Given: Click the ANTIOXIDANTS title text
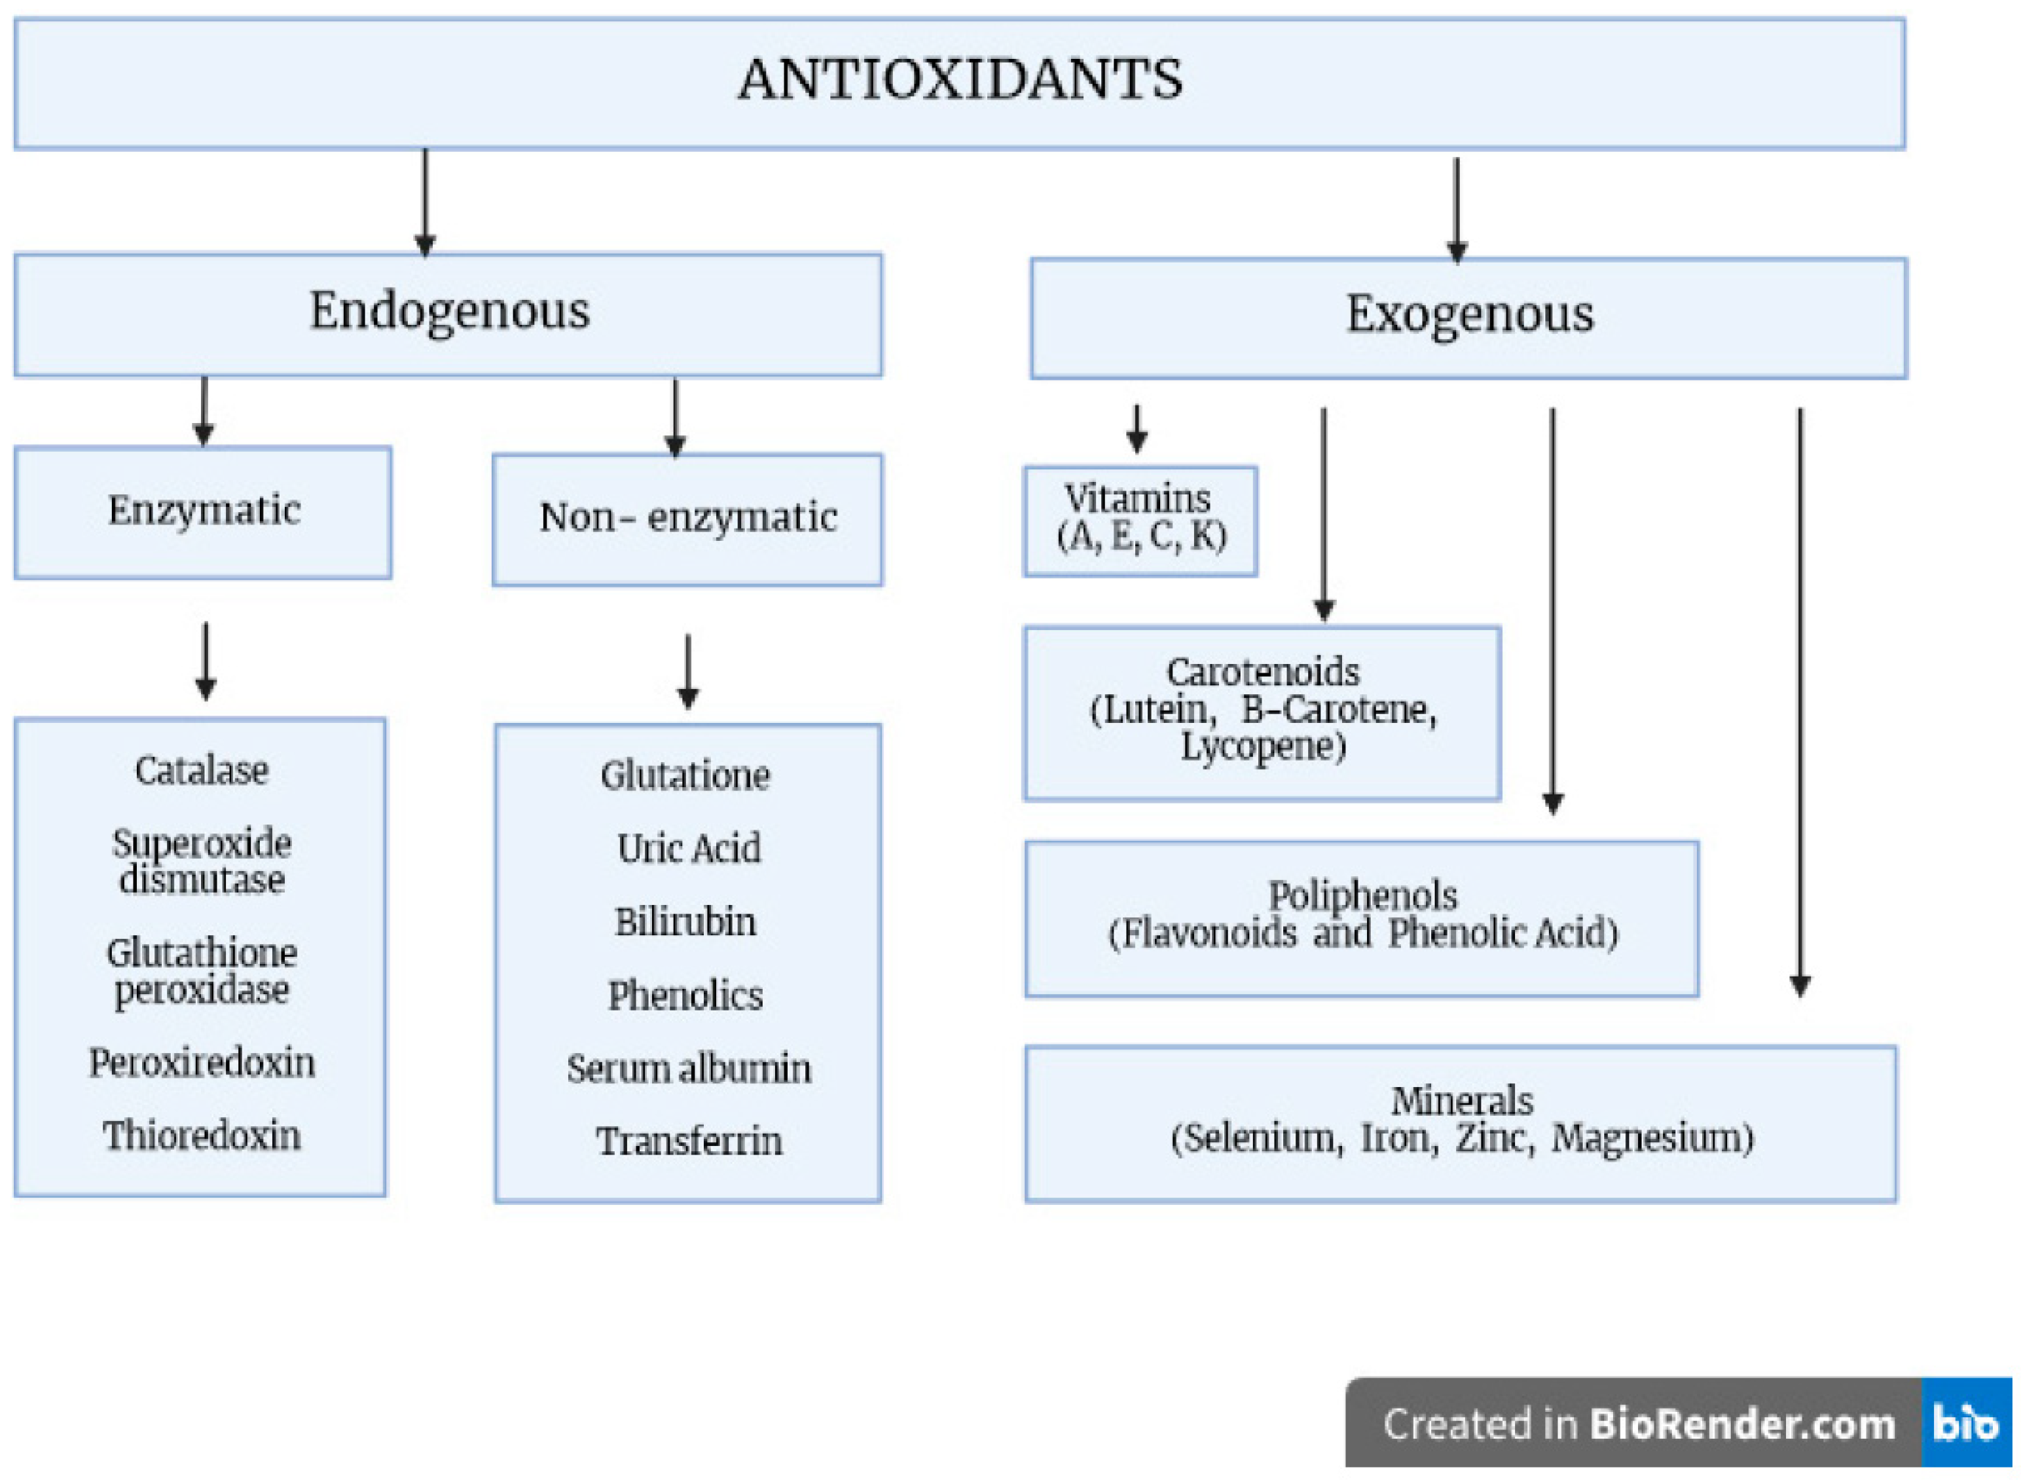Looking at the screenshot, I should point(959,79).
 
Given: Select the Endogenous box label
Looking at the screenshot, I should point(450,311).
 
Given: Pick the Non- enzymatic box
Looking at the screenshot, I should point(687,519).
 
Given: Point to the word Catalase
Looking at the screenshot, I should point(202,771).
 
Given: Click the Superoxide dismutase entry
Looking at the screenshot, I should point(202,862).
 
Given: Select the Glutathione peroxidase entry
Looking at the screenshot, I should point(202,971).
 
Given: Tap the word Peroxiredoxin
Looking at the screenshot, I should point(202,1064).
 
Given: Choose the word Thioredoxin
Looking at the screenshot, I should point(202,1136).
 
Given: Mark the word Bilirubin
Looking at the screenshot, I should point(685,922).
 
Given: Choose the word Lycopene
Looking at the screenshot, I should point(1263,747).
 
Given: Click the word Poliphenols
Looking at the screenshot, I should point(1362,896).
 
